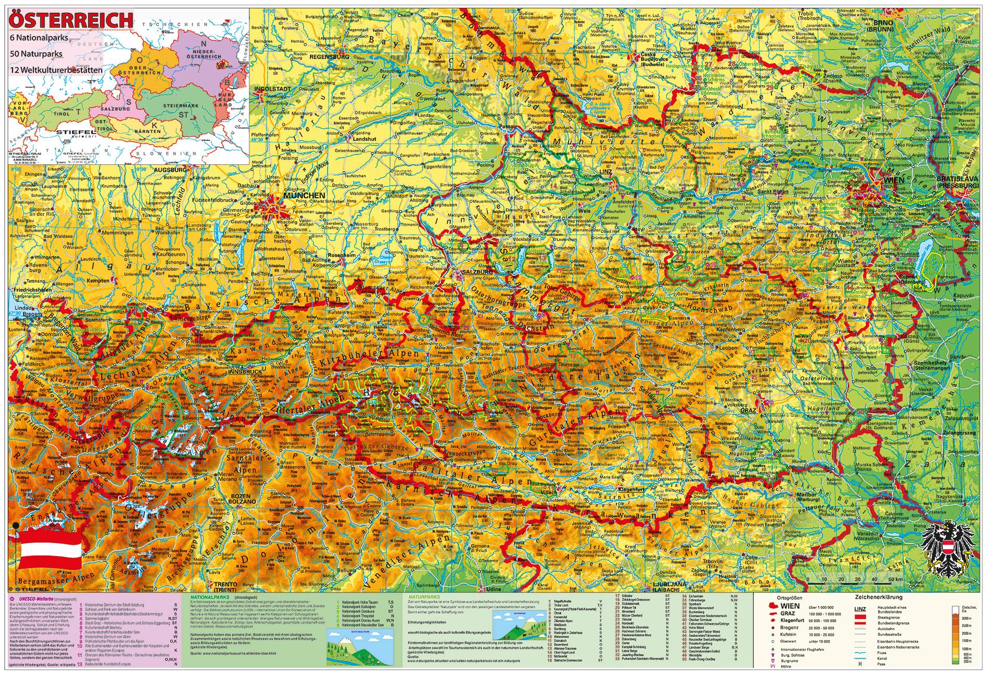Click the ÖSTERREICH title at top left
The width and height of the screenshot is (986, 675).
point(70,20)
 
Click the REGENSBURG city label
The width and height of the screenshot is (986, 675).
point(329,56)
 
